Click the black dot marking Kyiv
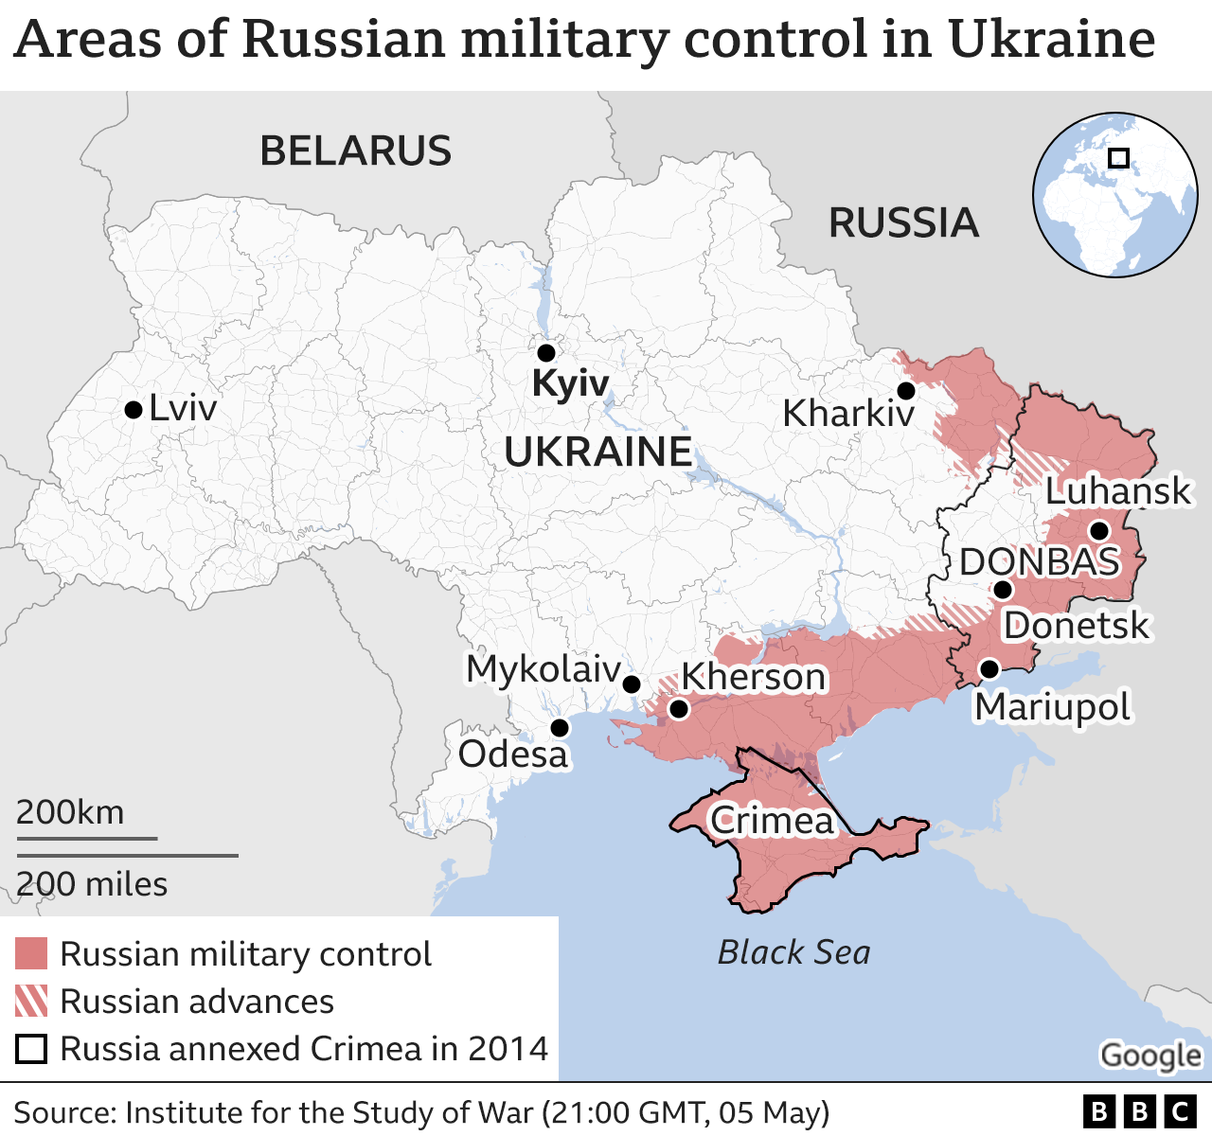tap(545, 353)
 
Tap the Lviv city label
tap(183, 409)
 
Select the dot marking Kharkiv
tap(906, 391)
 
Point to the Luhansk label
tap(1117, 491)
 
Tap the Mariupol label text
tap(1053, 707)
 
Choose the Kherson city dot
tap(678, 709)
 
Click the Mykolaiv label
tap(544, 669)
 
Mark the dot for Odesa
tap(560, 728)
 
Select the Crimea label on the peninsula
tap(772, 821)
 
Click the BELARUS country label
tap(356, 151)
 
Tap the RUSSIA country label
tap(903, 223)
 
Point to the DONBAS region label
tap(1040, 562)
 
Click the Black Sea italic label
tap(793, 952)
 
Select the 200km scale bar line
tap(86, 838)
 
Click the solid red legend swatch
tap(31, 954)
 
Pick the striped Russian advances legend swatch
tap(31, 1002)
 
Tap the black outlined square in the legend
tap(31, 1049)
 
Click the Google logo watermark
tap(1150, 1056)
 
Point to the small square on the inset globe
tap(1118, 157)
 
